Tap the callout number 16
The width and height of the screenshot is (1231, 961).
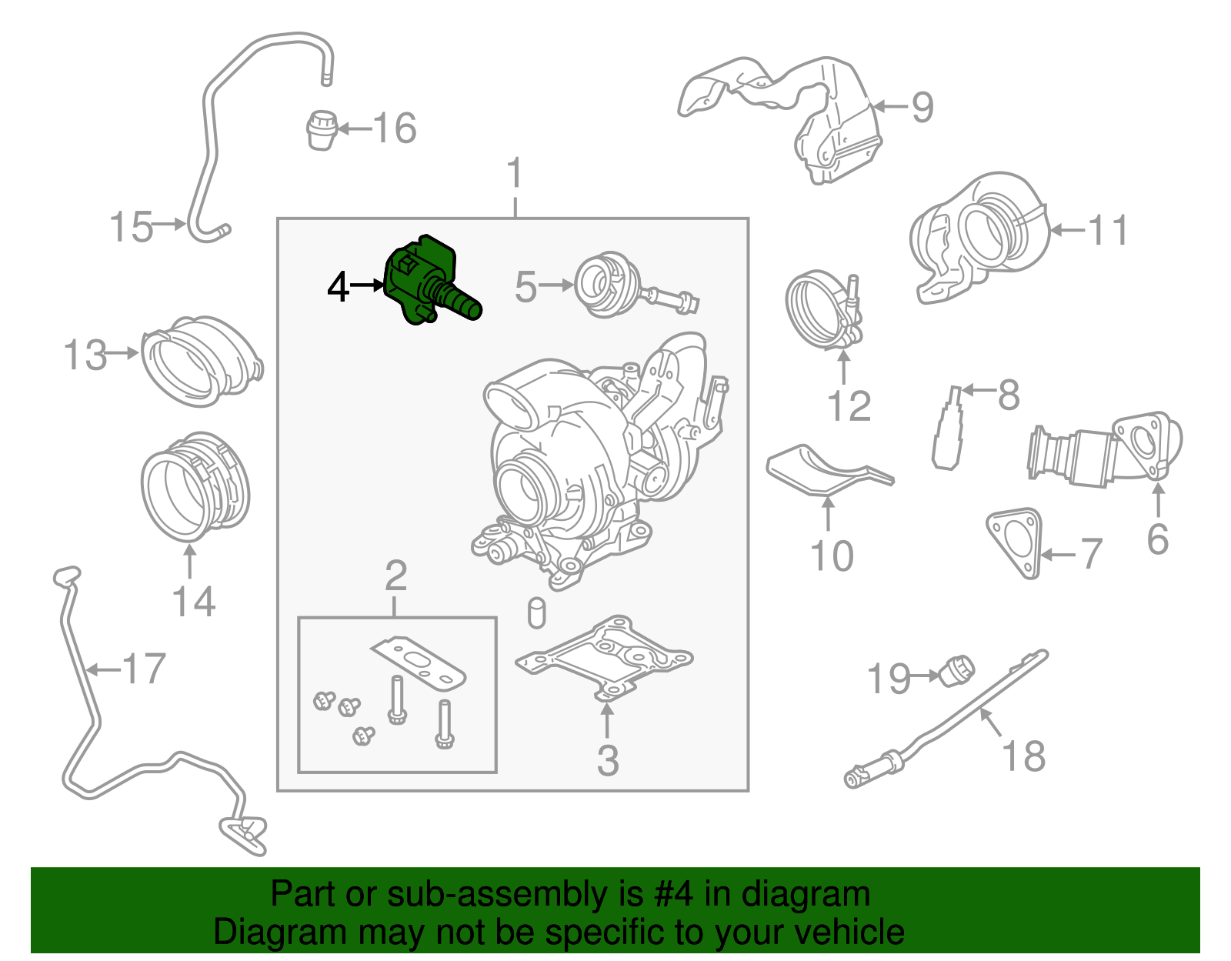(395, 128)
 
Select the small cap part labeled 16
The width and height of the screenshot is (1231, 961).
(322, 129)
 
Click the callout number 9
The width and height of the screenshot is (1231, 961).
(922, 107)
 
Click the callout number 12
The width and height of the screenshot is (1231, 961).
(849, 406)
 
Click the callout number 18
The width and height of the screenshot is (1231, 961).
(1023, 756)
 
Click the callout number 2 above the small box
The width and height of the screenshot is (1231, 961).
(395, 576)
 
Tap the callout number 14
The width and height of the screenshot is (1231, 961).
(193, 602)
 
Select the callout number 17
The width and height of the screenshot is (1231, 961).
(144, 669)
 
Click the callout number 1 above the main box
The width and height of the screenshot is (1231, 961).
(515, 173)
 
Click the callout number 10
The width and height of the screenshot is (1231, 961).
(832, 556)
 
